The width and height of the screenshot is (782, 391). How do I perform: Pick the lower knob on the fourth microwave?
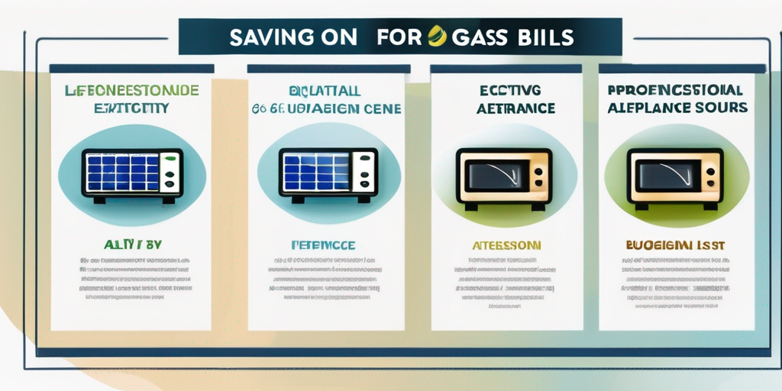[711, 184]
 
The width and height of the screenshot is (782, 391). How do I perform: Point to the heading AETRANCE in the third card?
[504, 110]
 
